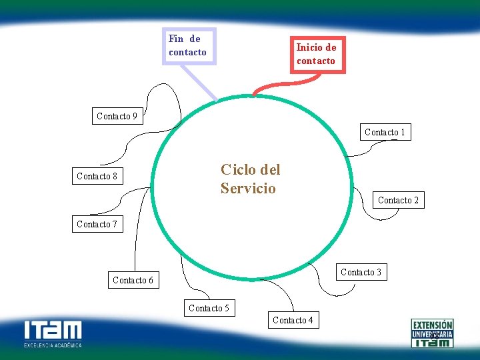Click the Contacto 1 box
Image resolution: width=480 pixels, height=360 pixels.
point(385,132)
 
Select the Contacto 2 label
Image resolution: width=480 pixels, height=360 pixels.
point(398,200)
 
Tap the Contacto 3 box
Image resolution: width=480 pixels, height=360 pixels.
point(361,272)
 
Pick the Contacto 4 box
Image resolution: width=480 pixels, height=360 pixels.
point(293,320)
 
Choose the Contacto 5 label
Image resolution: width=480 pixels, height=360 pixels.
point(209,308)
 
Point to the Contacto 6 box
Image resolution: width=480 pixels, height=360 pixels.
point(133,280)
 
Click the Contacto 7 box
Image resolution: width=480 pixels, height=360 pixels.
point(97,224)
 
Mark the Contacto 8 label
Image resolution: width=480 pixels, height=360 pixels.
point(97,176)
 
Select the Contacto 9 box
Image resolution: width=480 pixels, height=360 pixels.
point(117,116)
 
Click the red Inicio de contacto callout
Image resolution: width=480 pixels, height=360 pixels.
point(317,54)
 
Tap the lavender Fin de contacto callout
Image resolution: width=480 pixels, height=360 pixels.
point(189,45)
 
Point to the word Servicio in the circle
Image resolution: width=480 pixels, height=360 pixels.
point(248,188)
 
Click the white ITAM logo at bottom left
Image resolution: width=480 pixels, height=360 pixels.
point(53,331)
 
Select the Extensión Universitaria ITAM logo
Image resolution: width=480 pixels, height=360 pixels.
point(432,333)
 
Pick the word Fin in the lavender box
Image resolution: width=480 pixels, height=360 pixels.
point(176,39)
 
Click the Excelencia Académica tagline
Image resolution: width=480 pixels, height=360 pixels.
point(53,345)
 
